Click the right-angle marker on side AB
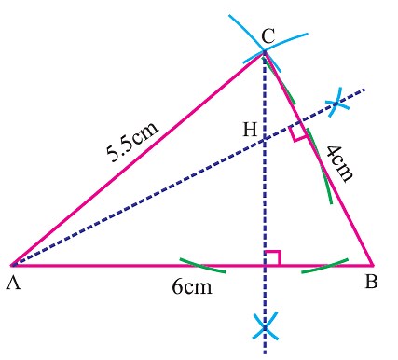(272, 258)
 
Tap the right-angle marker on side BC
(297, 133)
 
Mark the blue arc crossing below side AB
(266, 326)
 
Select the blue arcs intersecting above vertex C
(264, 52)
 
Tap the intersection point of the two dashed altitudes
(266, 140)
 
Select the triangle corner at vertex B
(373, 265)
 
